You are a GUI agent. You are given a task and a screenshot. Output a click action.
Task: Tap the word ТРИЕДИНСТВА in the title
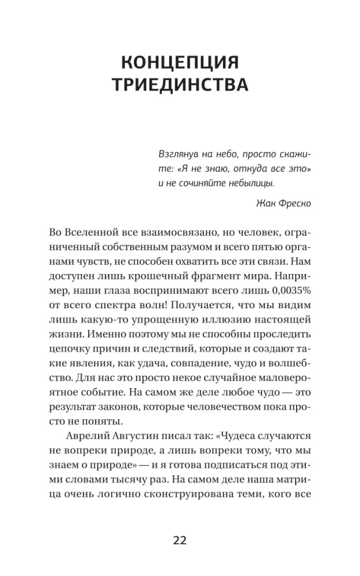point(180,85)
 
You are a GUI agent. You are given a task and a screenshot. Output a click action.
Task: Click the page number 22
point(180,540)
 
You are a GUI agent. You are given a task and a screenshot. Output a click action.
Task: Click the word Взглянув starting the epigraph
point(179,154)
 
